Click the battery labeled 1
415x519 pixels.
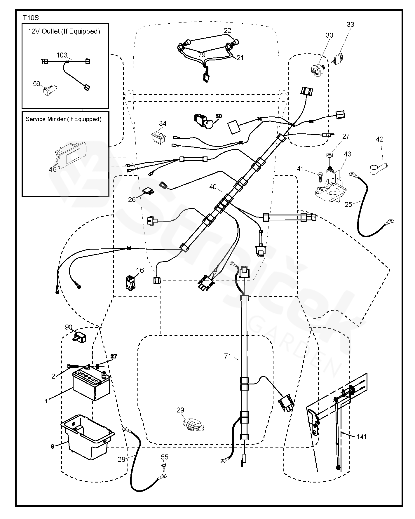pos(91,384)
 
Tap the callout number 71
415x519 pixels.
pos(228,356)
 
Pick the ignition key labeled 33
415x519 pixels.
pos(339,58)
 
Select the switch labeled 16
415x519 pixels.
pos(130,283)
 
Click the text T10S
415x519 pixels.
pos(31,18)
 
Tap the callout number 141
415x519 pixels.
pos(361,437)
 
